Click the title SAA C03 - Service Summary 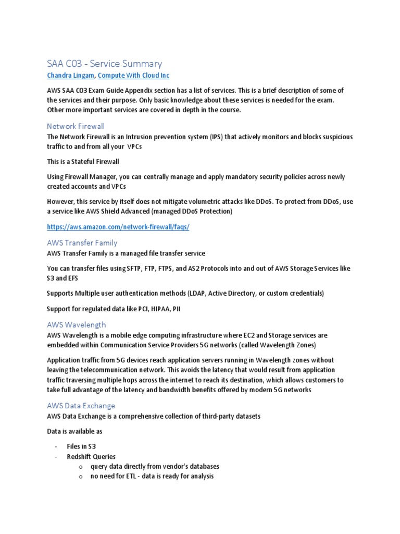tap(104, 64)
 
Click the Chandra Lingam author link tap(70, 76)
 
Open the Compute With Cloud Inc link tap(133, 76)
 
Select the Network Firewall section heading tap(76, 126)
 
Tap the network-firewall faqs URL tap(118, 227)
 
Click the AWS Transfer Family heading tap(82, 242)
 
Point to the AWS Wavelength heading tap(76, 324)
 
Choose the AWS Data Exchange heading tap(81, 405)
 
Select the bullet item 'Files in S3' tap(81, 446)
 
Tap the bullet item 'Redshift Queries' tap(91, 456)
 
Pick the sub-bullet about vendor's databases tap(155, 466)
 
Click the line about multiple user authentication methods tap(185, 294)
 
